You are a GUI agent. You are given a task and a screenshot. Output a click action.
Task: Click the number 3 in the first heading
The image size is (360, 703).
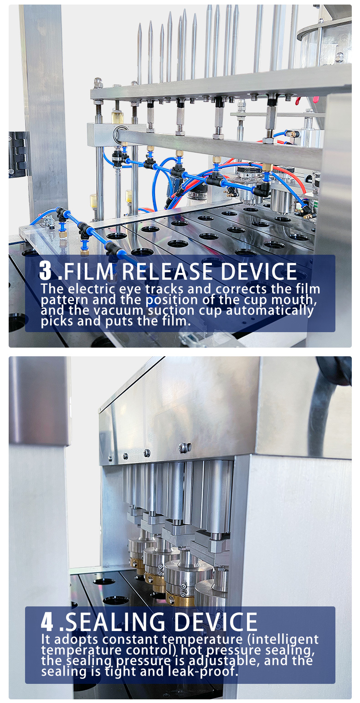(45, 271)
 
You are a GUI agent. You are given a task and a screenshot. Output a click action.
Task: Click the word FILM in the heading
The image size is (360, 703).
(89, 272)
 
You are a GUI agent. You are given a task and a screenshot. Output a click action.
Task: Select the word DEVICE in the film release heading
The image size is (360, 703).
(259, 272)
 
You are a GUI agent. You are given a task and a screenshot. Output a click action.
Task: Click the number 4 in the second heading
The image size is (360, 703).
(47, 622)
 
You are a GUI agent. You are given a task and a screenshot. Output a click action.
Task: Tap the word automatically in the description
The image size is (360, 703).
(270, 311)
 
